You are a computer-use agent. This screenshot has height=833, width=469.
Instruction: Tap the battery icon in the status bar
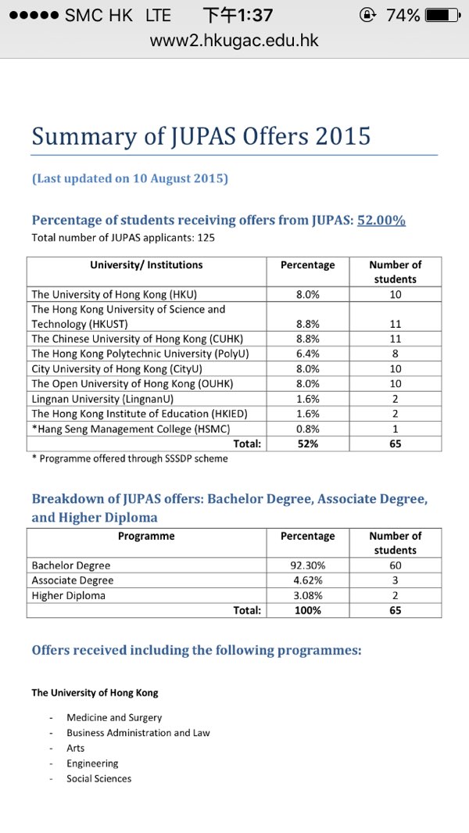pyautogui.click(x=442, y=15)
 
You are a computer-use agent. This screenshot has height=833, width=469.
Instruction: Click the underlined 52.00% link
pyautogui.click(x=381, y=221)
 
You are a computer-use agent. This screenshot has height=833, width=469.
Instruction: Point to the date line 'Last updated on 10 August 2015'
pyautogui.click(x=130, y=178)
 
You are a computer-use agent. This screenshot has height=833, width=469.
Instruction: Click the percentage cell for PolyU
pyautogui.click(x=307, y=354)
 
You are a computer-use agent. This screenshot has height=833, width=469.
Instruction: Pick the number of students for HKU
pyautogui.click(x=395, y=295)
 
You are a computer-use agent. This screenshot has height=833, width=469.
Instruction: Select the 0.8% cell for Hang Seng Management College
pyautogui.click(x=307, y=429)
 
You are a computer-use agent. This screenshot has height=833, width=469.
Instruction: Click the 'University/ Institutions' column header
pyautogui.click(x=146, y=265)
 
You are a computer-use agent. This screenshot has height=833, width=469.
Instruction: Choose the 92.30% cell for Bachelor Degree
pyautogui.click(x=307, y=566)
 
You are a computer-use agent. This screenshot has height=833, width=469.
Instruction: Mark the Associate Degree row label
pyautogui.click(x=73, y=580)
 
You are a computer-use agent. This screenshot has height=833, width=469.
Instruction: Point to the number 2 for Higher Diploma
pyautogui.click(x=395, y=595)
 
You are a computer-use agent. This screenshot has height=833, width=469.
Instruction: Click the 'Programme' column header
pyautogui.click(x=146, y=537)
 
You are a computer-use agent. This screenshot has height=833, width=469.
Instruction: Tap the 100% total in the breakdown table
pyautogui.click(x=307, y=610)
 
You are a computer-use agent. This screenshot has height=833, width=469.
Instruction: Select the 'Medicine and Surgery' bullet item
pyautogui.click(x=114, y=717)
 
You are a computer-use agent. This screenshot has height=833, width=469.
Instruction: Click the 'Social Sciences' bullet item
pyautogui.click(x=99, y=778)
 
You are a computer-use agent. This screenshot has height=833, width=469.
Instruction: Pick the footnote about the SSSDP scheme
pyautogui.click(x=130, y=459)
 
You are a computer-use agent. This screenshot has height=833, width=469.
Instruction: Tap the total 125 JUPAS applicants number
pyautogui.click(x=206, y=238)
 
